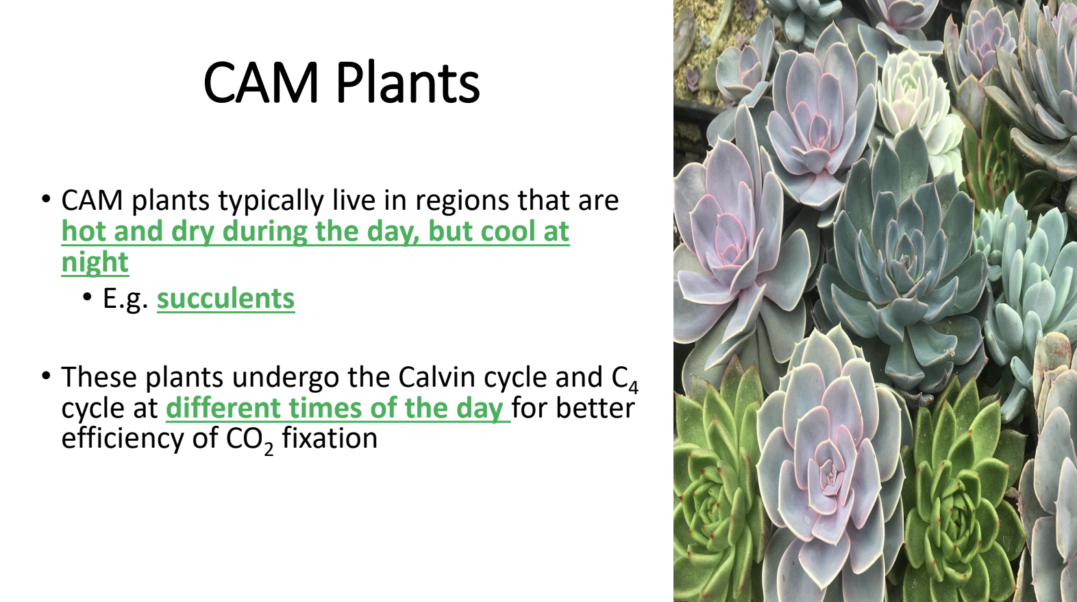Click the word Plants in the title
pos(408,82)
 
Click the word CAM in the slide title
pos(261,82)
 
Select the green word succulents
pos(225,298)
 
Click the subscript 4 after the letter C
pos(633,387)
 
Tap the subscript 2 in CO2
pos(269,448)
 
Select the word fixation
pos(330,438)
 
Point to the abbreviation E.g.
pos(125,300)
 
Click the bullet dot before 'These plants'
pos(46,376)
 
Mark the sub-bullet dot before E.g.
pos(87,297)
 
